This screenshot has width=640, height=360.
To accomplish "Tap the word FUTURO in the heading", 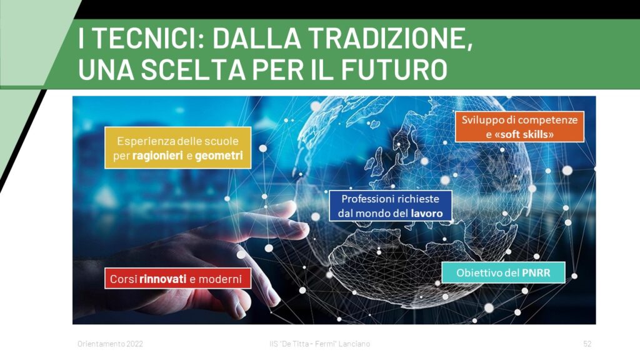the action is pos(394,69).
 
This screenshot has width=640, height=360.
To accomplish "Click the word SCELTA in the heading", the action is pos(193,69).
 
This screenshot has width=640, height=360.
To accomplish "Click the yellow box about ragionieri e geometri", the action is pos(178,147).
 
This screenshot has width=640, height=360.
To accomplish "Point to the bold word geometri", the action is pos(219,156).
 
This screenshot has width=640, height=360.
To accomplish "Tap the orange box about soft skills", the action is pos(519,126).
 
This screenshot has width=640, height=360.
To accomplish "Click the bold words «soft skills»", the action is pos(524,134).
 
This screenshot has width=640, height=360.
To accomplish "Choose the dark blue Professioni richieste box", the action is pos(391,206).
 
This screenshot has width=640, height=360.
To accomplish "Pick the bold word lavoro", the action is pos(427,213).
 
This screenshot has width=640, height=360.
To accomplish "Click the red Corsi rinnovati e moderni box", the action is pos(178,278).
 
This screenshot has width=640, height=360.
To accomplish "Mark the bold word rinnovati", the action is pos(163,279).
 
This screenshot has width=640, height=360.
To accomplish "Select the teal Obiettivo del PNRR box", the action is pos(503,272).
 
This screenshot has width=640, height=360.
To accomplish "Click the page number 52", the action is pos(587,344).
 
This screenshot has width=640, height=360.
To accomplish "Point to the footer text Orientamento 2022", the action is pos(110,344).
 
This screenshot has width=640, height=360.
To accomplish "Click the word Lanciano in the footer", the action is pos(354,344).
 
